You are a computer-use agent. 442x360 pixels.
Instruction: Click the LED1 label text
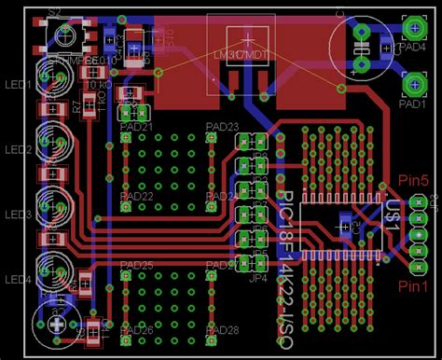pos(19,85)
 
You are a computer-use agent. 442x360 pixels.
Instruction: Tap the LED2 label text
pos(19,150)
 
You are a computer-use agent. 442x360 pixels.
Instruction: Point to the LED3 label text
pos(19,215)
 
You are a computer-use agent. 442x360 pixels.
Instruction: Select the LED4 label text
pos(19,280)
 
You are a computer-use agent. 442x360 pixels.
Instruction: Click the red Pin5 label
pos(413,180)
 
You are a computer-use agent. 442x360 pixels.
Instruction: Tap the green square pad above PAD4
pos(411,28)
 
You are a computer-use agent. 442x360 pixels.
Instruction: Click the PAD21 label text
pos(137,126)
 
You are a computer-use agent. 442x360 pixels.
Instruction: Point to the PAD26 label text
pos(137,331)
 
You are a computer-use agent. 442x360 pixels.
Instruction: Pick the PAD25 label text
pos(137,267)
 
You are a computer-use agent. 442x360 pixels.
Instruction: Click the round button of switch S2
pos(67,37)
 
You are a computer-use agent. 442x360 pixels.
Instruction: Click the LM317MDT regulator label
pos(243,56)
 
